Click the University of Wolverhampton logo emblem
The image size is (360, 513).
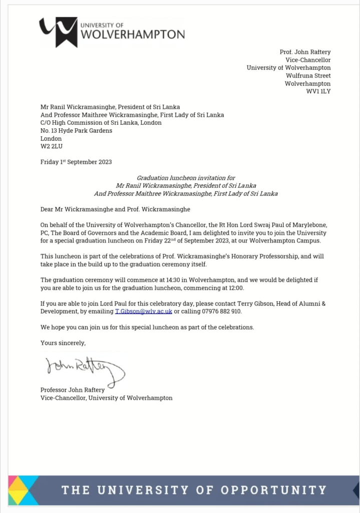tap(58, 32)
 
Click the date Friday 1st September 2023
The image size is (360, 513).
tap(76, 162)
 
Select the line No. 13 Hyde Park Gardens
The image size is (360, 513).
tap(76, 131)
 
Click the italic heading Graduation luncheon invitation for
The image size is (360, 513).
tap(186, 178)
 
